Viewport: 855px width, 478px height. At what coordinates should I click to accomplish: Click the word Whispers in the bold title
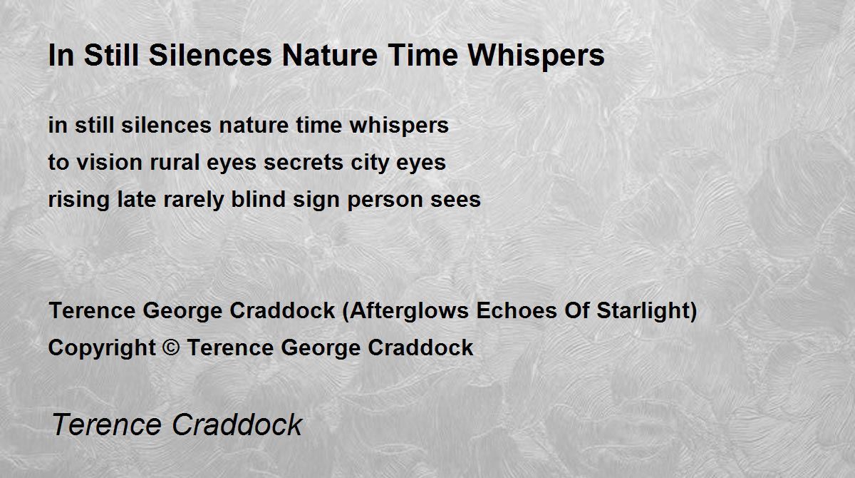536,56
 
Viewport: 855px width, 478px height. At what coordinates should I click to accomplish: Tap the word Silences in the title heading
210,55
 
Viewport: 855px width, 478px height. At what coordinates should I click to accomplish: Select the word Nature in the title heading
330,56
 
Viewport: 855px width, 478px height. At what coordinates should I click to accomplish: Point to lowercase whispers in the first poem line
399,126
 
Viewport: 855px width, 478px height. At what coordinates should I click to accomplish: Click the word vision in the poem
110,163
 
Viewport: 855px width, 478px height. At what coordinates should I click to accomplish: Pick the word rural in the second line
175,163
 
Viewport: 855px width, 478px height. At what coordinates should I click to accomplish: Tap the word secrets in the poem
304,163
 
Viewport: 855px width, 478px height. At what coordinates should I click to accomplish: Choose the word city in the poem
370,163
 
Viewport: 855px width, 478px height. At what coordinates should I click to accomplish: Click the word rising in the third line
79,200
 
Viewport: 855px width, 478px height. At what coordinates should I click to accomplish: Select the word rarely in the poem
194,200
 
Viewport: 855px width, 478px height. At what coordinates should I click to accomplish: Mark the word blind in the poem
259,199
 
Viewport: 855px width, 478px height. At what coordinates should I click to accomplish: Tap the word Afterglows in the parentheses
409,310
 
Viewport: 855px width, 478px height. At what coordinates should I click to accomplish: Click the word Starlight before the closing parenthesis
643,310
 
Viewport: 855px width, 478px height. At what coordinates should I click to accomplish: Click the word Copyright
102,348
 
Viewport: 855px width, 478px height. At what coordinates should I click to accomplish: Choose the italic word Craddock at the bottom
237,424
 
